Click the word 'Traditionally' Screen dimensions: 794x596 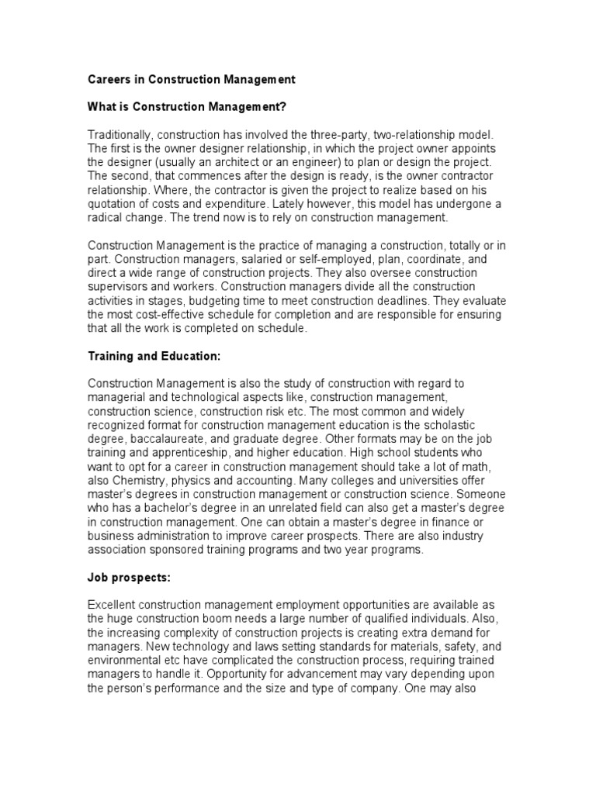click(x=119, y=134)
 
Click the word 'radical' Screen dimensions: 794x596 click(x=105, y=218)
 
